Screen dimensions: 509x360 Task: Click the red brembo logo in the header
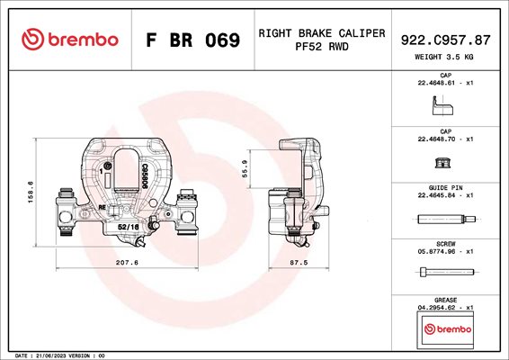(70, 40)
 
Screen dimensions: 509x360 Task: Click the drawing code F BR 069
(192, 40)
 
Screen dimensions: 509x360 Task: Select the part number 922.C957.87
(445, 40)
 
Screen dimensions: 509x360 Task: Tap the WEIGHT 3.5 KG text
(444, 57)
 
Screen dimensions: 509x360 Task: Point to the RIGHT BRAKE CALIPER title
(322, 33)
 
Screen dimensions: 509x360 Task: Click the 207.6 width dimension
(127, 262)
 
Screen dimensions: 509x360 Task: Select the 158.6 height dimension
(31, 193)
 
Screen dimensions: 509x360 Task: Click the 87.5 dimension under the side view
(299, 262)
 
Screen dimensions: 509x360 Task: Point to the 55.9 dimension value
(246, 168)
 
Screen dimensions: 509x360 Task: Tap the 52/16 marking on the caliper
(129, 227)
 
